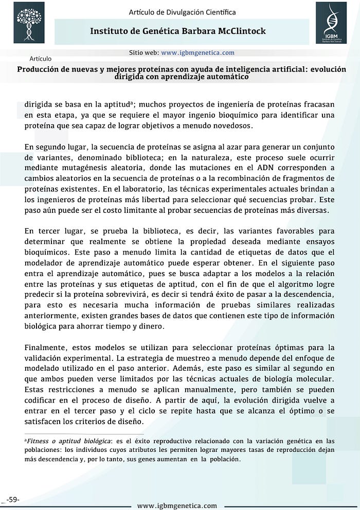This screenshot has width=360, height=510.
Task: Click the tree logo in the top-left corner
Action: click(29, 22)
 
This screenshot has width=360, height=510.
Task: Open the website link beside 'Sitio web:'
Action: click(197, 52)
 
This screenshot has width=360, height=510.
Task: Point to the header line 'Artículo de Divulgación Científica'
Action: click(183, 11)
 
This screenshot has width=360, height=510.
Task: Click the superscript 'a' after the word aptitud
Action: click(132, 102)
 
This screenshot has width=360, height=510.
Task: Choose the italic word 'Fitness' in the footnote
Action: click(38, 441)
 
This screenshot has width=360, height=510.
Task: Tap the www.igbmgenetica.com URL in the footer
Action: click(177, 505)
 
